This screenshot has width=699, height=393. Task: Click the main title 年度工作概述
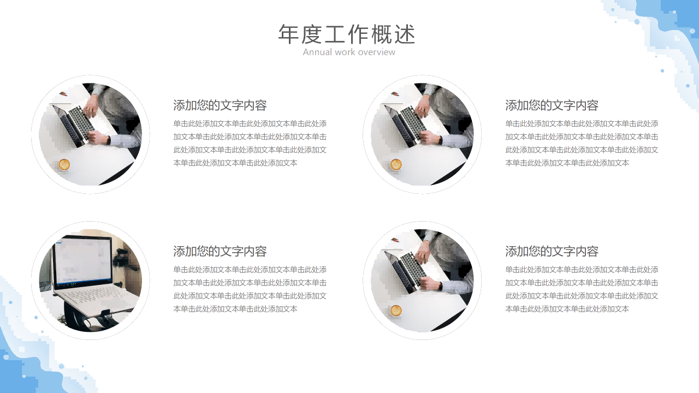click(347, 34)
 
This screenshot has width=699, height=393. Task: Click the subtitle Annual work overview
click(349, 52)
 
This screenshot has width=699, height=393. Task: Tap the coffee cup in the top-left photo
click(64, 164)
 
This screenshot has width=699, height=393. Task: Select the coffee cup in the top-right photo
click(396, 164)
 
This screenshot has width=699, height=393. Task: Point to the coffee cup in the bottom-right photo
click(396, 311)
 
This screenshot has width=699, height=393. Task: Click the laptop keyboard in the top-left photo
click(81, 122)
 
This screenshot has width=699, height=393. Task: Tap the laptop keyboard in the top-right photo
click(413, 122)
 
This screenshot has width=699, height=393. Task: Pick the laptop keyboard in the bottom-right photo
click(413, 268)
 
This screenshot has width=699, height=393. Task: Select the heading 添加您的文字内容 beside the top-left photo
click(220, 105)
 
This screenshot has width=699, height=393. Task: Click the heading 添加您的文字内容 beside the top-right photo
click(552, 105)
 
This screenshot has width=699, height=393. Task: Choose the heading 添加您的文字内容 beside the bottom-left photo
click(220, 252)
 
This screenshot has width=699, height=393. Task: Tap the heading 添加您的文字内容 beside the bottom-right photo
click(552, 252)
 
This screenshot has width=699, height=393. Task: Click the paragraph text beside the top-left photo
click(250, 143)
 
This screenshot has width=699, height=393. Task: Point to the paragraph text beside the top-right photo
click(582, 143)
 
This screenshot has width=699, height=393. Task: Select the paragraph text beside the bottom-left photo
click(250, 289)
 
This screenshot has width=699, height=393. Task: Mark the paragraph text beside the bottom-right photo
click(582, 289)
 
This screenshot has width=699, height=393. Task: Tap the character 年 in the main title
click(288, 34)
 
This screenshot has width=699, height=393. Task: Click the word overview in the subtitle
click(377, 52)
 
